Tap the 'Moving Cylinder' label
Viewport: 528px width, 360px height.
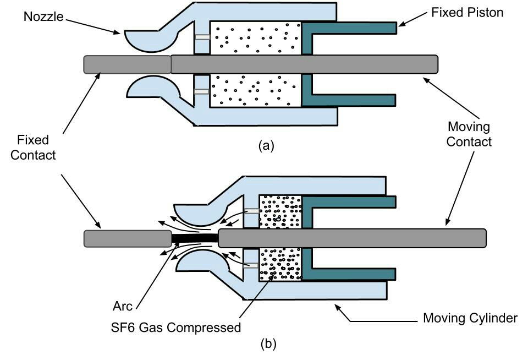pyautogui.click(x=470, y=318)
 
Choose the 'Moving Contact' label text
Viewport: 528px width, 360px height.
pyautogui.click(x=469, y=134)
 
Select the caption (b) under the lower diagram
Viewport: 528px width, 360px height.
pyautogui.click(x=267, y=345)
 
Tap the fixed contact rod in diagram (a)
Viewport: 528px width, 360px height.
pyautogui.click(x=127, y=64)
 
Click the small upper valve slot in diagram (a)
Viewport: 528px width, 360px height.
pyautogui.click(x=202, y=37)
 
